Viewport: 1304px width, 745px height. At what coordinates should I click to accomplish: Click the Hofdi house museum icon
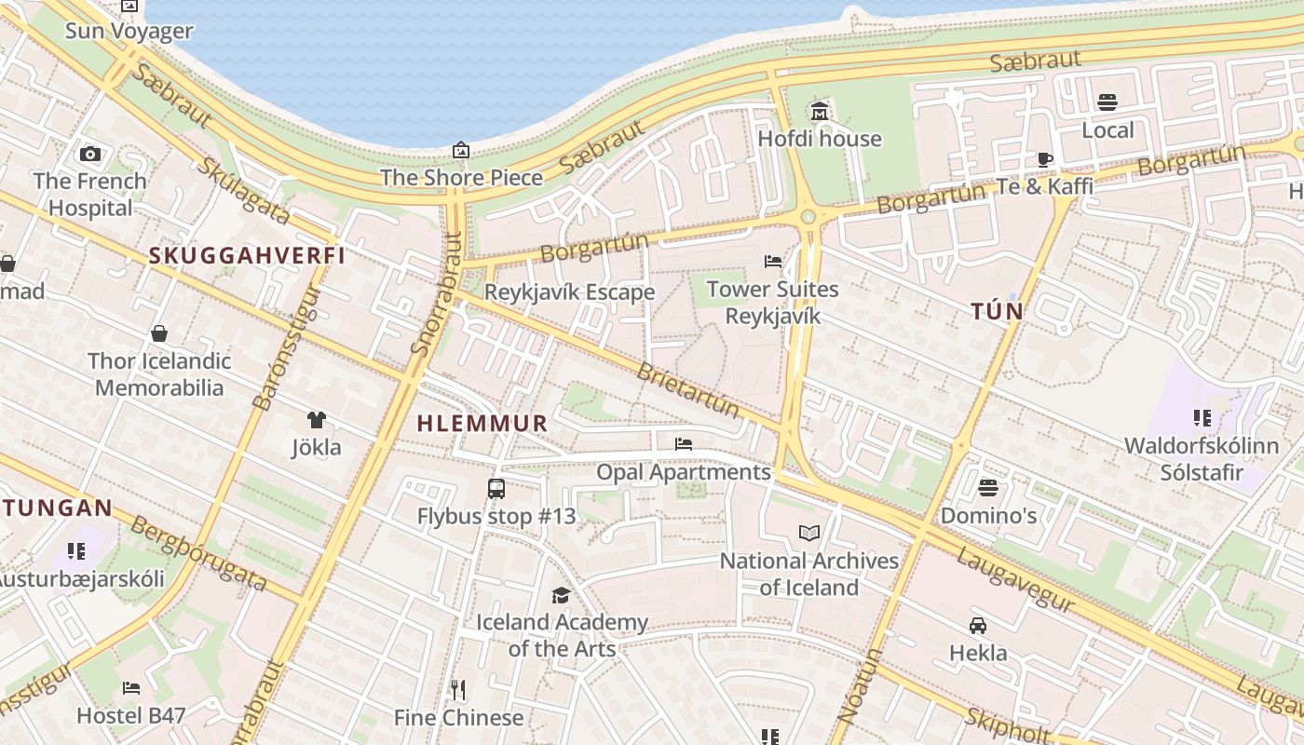(820, 112)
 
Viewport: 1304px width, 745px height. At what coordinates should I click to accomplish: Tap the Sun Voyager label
(129, 31)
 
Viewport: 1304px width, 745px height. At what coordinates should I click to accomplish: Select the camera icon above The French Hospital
(90, 154)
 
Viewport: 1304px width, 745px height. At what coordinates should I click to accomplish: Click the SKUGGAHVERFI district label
(247, 255)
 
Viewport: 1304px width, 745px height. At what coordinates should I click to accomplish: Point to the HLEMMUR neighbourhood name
(482, 424)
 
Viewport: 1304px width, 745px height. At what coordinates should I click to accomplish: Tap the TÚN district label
(997, 311)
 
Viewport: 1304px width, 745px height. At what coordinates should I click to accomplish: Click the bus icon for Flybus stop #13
(496, 488)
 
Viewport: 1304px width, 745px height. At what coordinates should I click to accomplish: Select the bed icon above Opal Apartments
(684, 444)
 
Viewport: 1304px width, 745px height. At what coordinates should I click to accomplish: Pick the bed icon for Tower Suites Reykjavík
(773, 262)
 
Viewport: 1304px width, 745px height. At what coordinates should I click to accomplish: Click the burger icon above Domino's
(988, 488)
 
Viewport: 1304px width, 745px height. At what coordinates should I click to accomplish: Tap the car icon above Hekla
(978, 625)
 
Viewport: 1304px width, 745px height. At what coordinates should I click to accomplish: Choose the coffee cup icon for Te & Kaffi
(1045, 159)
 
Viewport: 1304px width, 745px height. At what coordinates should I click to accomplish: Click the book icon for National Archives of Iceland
(809, 533)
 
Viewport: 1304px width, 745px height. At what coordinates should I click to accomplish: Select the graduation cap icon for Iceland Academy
(561, 595)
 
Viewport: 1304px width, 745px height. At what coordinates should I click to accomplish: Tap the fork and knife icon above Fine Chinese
(458, 690)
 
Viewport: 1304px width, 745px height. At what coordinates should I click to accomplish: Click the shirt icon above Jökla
(317, 420)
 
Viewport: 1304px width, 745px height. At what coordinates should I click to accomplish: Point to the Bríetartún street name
(688, 390)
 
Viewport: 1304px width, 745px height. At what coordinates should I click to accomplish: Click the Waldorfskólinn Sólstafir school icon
(1202, 418)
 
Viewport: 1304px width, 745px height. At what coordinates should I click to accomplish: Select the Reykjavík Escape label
(569, 292)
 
